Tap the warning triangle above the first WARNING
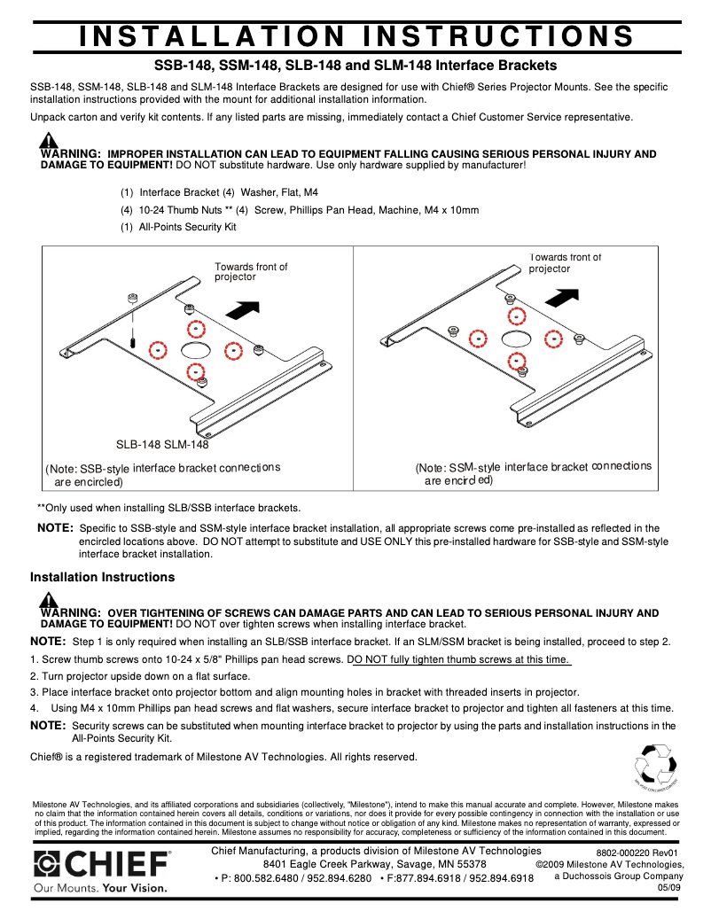(49, 140)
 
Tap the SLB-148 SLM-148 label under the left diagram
(163, 445)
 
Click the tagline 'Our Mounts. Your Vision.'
(100, 887)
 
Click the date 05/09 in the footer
(669, 888)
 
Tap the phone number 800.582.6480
(268, 878)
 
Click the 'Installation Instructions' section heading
(102, 577)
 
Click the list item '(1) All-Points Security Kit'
(178, 227)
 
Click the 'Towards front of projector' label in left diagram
(251, 271)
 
